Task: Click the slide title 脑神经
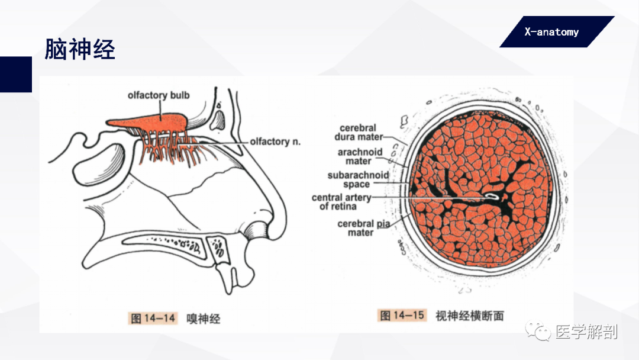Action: coord(80,49)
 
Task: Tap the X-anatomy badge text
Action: coord(551,32)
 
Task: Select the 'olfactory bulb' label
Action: coord(159,95)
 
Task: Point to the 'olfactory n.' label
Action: coord(275,142)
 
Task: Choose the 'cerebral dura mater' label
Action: coord(359,133)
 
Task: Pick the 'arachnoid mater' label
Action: coord(360,156)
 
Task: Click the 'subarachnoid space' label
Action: coord(358,179)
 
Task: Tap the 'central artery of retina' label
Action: coord(341,202)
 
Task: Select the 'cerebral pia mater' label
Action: coord(363,228)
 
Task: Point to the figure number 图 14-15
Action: coord(402,315)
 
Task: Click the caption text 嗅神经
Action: coord(204,319)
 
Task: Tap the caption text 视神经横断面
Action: coord(469,316)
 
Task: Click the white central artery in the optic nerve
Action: coord(492,196)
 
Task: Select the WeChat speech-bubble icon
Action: coord(538,330)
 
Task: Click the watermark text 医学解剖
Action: coord(586,332)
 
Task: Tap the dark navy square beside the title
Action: coord(16,74)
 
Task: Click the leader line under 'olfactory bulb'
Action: coord(160,110)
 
